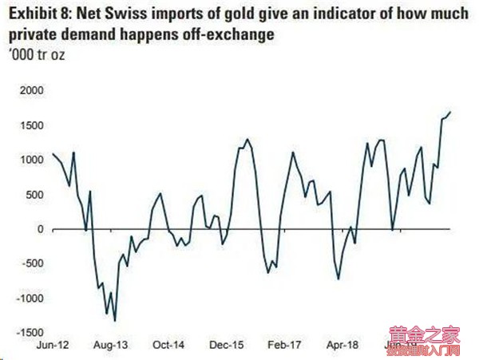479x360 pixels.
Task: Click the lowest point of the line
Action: (115, 320)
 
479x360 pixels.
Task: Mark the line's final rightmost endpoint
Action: (451, 111)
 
